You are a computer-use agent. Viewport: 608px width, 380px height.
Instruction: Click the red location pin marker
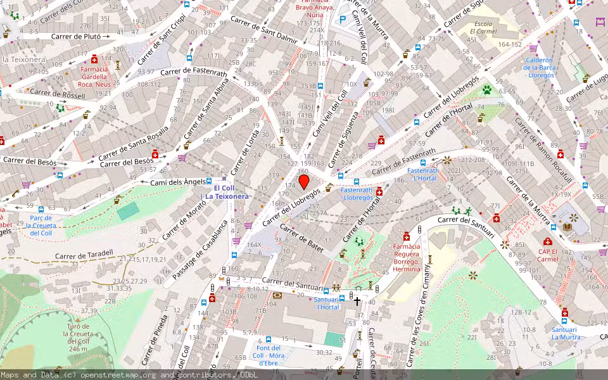304,182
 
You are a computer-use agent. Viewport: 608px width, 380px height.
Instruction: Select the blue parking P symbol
343,20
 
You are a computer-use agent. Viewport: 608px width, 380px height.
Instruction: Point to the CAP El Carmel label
547,254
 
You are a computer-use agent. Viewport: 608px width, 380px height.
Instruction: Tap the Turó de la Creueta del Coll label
80,338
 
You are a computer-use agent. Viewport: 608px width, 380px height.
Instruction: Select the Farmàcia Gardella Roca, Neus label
94,76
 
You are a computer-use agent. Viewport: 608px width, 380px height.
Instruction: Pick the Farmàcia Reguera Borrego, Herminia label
407,257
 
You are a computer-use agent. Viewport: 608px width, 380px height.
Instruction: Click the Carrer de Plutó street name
76,37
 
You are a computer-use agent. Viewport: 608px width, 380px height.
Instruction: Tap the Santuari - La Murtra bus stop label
565,333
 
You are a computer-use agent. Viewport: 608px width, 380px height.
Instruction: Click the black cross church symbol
357,301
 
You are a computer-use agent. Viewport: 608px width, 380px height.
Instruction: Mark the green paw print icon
487,90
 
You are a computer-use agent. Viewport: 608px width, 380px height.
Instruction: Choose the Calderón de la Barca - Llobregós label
539,68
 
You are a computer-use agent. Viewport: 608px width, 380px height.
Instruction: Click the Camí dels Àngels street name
179,182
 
